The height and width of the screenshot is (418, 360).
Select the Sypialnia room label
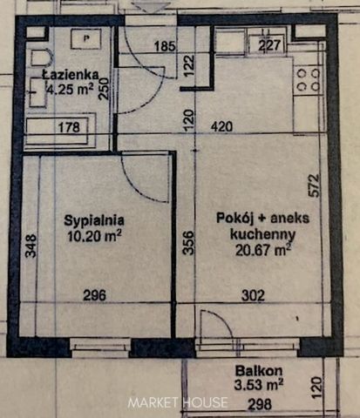click(x=94, y=220)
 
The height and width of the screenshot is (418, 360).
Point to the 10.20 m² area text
click(x=94, y=234)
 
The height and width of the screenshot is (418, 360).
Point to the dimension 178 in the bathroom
click(x=69, y=128)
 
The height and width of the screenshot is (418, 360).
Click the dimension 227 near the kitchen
click(x=270, y=47)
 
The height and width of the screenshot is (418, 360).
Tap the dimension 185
click(x=166, y=47)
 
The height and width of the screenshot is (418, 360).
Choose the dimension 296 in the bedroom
click(x=94, y=295)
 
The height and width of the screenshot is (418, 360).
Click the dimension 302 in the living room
click(x=252, y=295)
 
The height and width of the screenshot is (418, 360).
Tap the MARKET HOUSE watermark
click(x=178, y=402)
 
